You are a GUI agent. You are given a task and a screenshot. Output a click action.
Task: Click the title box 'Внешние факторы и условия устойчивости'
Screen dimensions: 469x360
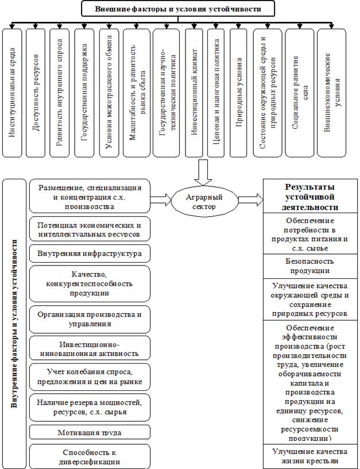[177, 9]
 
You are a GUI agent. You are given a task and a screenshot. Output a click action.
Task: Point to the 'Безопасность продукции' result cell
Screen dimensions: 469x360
[311, 266]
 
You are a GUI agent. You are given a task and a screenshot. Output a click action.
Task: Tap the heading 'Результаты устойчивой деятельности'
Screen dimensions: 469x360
[311, 197]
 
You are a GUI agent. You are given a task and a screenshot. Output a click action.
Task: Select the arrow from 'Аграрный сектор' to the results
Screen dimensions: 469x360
[250, 200]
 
